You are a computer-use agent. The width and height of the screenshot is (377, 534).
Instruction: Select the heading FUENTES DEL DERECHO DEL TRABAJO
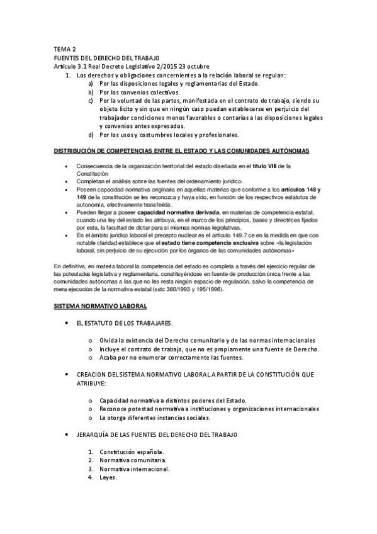pyautogui.click(x=106, y=58)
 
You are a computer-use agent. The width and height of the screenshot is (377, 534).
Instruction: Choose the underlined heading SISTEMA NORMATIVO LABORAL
pyautogui.click(x=100, y=305)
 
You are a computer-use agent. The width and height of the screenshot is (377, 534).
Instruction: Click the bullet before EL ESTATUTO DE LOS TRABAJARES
pyautogui.click(x=67, y=323)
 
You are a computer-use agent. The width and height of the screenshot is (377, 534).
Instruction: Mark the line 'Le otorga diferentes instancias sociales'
pyautogui.click(x=155, y=417)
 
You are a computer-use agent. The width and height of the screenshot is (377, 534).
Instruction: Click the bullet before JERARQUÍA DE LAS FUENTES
pyautogui.click(x=67, y=435)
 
